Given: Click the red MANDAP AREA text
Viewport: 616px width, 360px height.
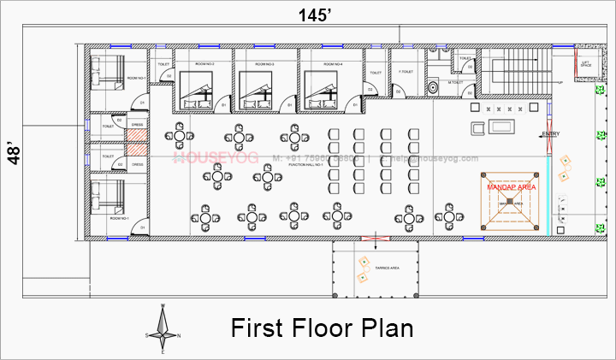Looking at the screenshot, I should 511,186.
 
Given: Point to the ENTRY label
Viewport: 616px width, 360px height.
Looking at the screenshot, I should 551,134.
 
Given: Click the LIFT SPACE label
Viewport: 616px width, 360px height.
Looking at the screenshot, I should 585,64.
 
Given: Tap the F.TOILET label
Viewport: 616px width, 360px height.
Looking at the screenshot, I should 407,72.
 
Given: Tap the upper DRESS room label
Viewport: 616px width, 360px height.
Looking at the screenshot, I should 137,124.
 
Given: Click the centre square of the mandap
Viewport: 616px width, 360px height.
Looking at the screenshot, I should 510,202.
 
